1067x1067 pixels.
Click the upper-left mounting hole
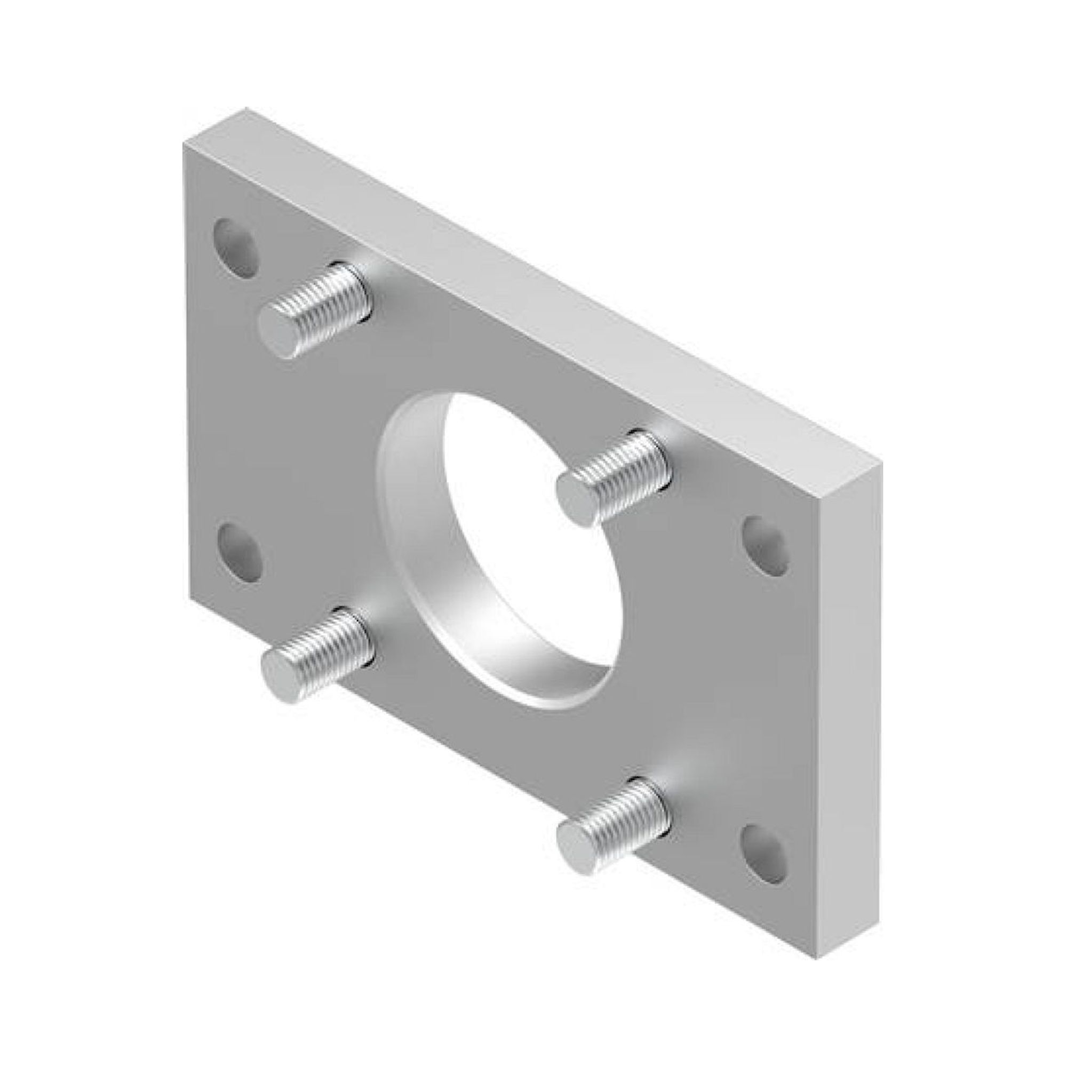tap(236, 248)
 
